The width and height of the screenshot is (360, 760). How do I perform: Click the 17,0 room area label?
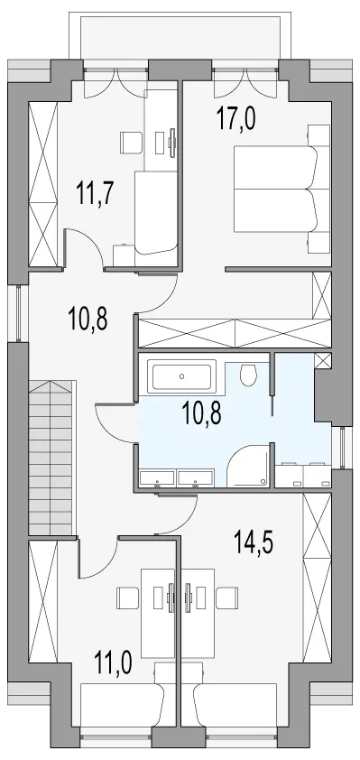click(236, 120)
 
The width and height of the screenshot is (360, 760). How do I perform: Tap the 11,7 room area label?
click(95, 194)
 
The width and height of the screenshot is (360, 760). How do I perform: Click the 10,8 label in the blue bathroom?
click(202, 414)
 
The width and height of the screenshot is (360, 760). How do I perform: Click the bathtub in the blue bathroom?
click(182, 375)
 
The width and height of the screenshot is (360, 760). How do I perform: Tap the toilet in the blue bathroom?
click(249, 375)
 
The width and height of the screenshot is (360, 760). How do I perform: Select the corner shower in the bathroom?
click(248, 465)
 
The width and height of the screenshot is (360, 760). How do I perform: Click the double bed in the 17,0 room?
click(276, 190)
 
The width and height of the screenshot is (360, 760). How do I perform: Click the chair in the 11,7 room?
click(131, 142)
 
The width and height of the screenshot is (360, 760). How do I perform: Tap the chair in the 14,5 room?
click(226, 598)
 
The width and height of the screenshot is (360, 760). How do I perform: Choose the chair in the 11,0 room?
click(128, 598)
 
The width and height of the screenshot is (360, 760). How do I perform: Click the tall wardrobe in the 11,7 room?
click(43, 184)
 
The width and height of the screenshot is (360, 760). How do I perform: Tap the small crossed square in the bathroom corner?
click(323, 361)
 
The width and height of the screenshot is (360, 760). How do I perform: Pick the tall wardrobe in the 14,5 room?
click(317, 579)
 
